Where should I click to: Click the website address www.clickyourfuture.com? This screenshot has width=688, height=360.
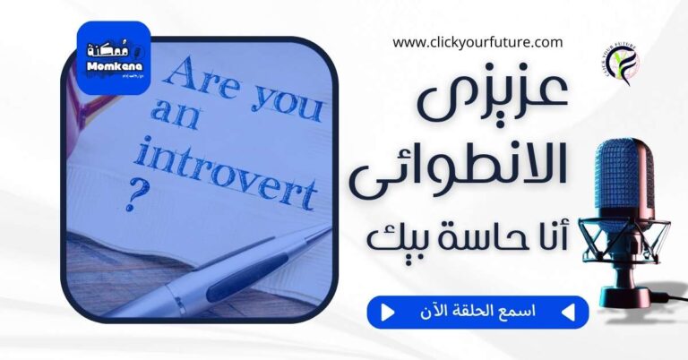tap(477, 41)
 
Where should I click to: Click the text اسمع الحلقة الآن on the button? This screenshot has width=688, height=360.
tap(478, 313)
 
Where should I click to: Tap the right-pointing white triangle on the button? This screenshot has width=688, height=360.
tap(388, 313)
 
